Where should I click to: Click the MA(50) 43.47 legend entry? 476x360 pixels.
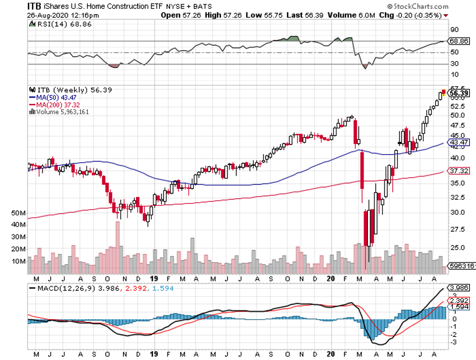tap(53, 97)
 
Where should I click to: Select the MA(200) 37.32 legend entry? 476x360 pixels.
tap(55, 104)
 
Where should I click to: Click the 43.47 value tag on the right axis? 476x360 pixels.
tap(458, 143)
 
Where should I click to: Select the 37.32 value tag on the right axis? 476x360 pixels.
tap(458, 171)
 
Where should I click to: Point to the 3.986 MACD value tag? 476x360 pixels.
tap(458, 287)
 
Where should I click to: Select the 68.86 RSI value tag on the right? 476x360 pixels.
tap(458, 41)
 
